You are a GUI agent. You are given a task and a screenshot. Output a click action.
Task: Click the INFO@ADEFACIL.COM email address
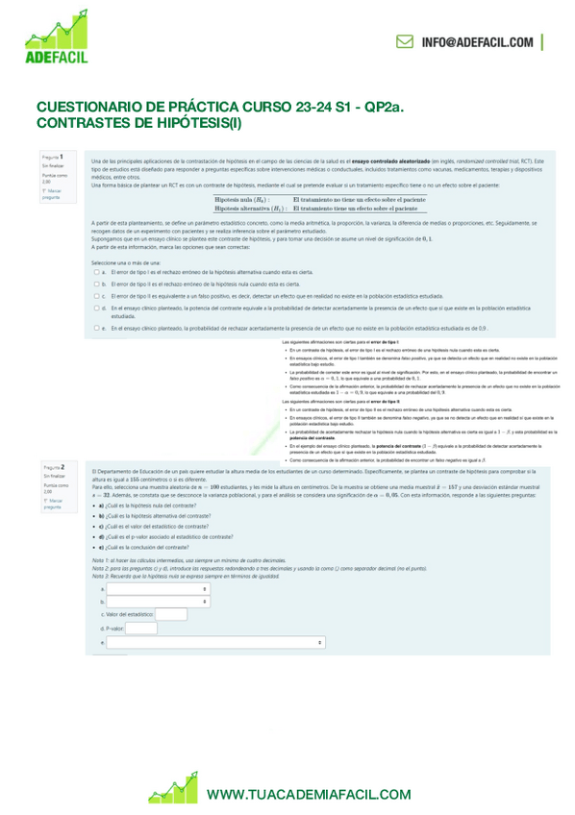(x=477, y=42)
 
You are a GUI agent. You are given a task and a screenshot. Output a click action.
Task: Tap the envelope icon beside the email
(x=405, y=42)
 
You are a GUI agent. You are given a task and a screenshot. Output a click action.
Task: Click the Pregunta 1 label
(x=53, y=156)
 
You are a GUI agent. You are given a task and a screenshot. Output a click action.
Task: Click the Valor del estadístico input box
(x=170, y=614)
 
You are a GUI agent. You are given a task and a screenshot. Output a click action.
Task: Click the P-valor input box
(x=140, y=629)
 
